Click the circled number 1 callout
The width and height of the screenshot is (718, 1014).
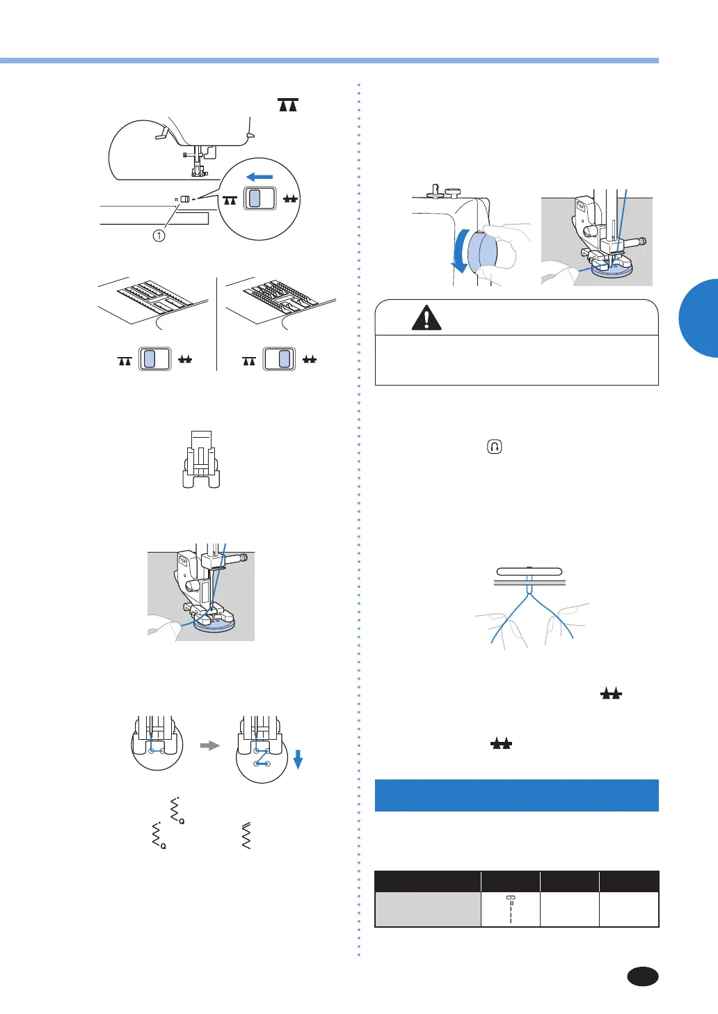pyautogui.click(x=159, y=236)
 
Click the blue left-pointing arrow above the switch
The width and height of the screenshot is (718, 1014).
pyautogui.click(x=260, y=177)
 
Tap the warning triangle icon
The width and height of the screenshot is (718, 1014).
pyautogui.click(x=426, y=318)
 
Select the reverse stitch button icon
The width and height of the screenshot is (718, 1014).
pyautogui.click(x=494, y=447)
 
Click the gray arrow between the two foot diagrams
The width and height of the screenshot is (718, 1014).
pyautogui.click(x=209, y=745)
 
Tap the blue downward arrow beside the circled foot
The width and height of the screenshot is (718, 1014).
pyautogui.click(x=298, y=760)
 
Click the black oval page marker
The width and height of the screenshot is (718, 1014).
pyautogui.click(x=642, y=976)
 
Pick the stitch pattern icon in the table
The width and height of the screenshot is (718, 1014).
pyautogui.click(x=511, y=909)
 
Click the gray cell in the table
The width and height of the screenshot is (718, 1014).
pyautogui.click(x=427, y=910)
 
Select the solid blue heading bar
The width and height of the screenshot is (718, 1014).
pyautogui.click(x=516, y=795)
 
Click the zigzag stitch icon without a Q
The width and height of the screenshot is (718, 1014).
pyautogui.click(x=246, y=836)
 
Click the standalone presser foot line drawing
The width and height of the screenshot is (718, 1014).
pyautogui.click(x=200, y=459)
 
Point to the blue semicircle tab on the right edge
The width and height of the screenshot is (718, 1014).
pyautogui.click(x=699, y=318)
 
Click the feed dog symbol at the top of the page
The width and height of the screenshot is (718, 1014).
pyautogui.click(x=288, y=105)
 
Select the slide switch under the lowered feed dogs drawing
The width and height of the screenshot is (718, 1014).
pyautogui.click(x=155, y=359)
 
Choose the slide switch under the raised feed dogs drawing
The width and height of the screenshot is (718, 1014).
pyautogui.click(x=279, y=359)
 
